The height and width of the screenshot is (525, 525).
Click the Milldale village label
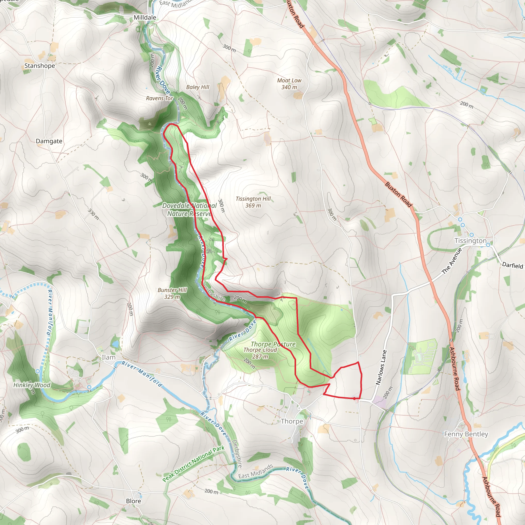145,18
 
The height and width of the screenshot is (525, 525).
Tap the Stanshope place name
40,66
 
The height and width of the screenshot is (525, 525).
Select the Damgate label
49,141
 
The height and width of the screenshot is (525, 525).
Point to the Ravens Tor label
159,98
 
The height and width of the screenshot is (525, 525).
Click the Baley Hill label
198,87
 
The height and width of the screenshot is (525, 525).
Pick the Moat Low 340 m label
289,84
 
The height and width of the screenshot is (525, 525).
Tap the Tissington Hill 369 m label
253,202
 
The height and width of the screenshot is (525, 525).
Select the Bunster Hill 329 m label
172,294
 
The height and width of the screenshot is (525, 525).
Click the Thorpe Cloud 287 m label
260,353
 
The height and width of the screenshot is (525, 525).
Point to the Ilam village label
108,357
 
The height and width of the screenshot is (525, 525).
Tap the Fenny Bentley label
466,434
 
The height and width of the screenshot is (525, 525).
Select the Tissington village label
470,241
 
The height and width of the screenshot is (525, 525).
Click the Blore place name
133,501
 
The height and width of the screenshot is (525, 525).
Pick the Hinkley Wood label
32,385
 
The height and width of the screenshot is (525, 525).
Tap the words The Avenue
452,261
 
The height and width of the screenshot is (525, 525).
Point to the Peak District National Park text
194,463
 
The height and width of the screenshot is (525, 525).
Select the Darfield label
512,265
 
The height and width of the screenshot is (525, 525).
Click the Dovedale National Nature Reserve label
189,209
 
